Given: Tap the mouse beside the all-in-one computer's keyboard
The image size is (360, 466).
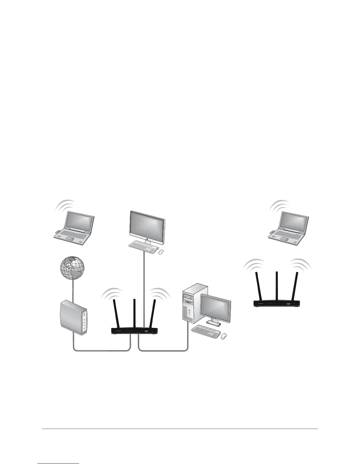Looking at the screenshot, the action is [x=161, y=252].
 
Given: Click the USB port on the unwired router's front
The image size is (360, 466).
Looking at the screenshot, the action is [x=288, y=303].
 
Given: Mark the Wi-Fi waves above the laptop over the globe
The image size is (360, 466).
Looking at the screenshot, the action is [x=66, y=204].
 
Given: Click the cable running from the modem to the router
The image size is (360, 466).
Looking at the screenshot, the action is [x=100, y=350].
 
